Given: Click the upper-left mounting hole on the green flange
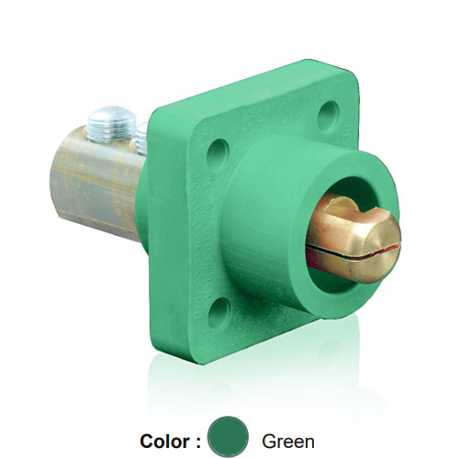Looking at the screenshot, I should (218, 153).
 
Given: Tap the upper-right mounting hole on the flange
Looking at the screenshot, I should (328, 117).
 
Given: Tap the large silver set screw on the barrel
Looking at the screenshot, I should (113, 124).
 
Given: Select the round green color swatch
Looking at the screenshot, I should (229, 436).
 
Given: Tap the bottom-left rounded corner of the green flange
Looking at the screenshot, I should (165, 340).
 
